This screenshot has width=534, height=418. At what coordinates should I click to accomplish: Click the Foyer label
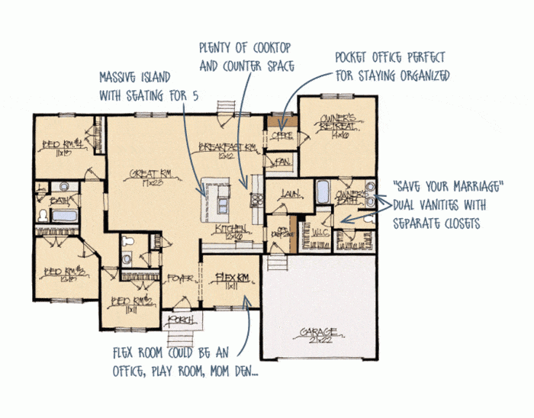[x=180, y=278]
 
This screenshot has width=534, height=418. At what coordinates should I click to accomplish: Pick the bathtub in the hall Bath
[x=60, y=216]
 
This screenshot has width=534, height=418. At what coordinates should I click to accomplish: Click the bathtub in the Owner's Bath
[x=323, y=190]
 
